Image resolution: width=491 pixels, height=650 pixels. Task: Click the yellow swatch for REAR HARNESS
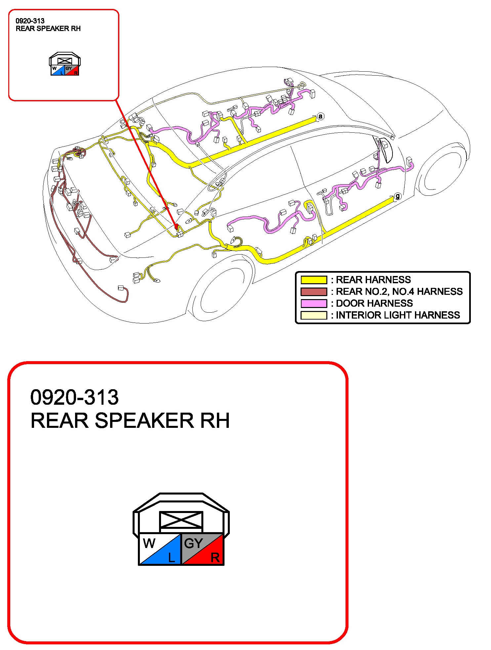pyautogui.click(x=313, y=280)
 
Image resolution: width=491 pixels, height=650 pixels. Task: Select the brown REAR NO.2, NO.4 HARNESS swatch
pyautogui.click(x=313, y=291)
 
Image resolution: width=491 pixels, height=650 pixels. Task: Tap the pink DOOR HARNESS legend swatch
pyautogui.click(x=313, y=303)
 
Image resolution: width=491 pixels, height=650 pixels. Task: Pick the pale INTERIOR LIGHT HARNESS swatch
pyautogui.click(x=313, y=315)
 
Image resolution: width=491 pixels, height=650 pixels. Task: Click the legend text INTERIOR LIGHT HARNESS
pyautogui.click(x=398, y=315)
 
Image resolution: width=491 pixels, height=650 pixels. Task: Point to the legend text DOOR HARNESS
pyautogui.click(x=374, y=303)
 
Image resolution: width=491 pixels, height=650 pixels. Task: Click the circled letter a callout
pyautogui.click(x=320, y=116)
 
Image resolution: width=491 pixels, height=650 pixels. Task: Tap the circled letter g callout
pyautogui.click(x=397, y=196)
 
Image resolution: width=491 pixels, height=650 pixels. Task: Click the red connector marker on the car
pyautogui.click(x=176, y=226)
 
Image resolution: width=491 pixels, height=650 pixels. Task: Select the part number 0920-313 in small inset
pyautogui.click(x=30, y=21)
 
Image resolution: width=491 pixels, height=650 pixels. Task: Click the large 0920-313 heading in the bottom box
pyautogui.click(x=74, y=397)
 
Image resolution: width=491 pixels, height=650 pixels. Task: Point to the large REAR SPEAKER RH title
pyautogui.click(x=130, y=421)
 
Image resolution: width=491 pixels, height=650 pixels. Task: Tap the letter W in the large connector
pyautogui.click(x=149, y=543)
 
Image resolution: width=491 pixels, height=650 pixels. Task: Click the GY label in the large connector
pyautogui.click(x=193, y=543)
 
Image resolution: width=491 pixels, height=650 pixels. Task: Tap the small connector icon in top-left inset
pyautogui.click(x=65, y=64)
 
